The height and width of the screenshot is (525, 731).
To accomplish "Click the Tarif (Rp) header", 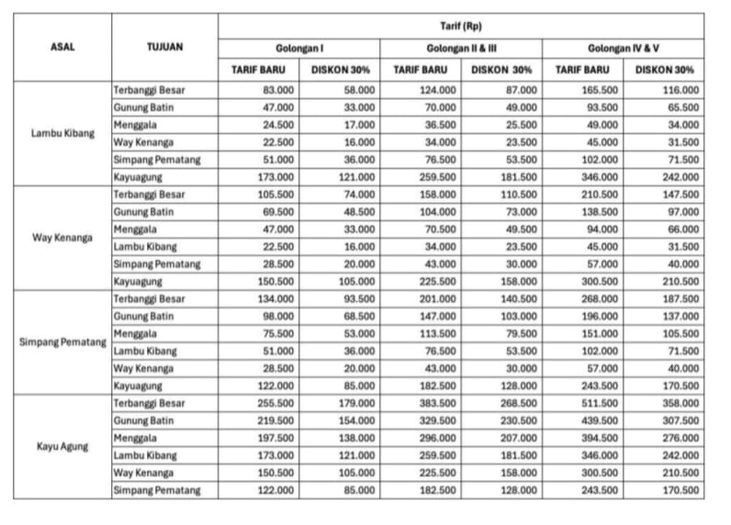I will coord(461,26).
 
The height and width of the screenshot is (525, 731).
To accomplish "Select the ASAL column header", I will coord(62,47).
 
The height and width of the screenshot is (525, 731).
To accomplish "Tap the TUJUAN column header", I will coord(164,47).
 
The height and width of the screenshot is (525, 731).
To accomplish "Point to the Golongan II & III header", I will coord(461,48).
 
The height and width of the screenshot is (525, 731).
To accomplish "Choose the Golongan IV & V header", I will coord(624,48).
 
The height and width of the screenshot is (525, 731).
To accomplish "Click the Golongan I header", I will coord(298,48).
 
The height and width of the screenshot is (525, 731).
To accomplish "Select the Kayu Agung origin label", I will coord(62,447).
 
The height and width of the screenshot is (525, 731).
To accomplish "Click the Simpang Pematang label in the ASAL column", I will coord(62,342).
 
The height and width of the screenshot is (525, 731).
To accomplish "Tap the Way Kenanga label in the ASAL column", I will coord(62,238).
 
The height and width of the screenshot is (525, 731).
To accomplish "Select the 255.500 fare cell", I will coord(274,404).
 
